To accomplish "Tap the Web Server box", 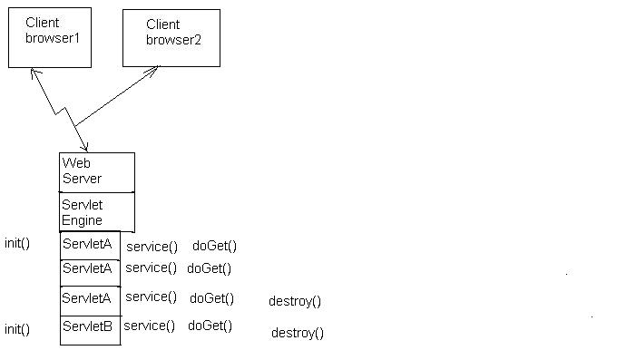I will click(97, 172).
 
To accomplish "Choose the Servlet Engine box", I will click(97, 212).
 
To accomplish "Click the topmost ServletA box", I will click(90, 245).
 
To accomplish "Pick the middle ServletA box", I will click(90, 271).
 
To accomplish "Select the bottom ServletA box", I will click(90, 299).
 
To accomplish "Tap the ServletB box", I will click(90, 329).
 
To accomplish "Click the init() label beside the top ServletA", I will click(17, 243).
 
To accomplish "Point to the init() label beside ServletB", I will click(17, 329).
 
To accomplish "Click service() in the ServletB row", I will click(149, 326).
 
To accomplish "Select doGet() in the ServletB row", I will click(210, 326).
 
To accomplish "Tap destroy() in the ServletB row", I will click(297, 334).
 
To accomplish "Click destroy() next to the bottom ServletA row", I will click(295, 301).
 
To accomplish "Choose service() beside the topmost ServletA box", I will click(152, 246).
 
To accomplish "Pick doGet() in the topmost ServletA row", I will click(215, 246).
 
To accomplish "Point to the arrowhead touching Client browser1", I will click(34, 72).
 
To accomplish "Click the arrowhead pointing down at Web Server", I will click(85, 148).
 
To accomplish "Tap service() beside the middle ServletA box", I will click(151, 268).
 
